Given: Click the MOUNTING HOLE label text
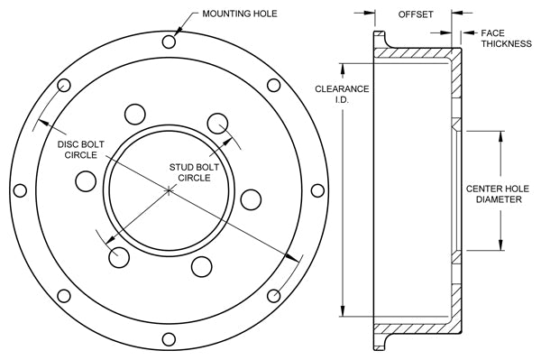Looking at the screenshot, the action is (x=240, y=14).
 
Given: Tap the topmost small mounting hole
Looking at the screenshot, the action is (x=169, y=42).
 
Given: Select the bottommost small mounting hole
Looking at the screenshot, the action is (x=169, y=339).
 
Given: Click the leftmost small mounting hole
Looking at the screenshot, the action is (x=20, y=190).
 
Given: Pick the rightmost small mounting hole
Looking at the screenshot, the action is (x=317, y=190).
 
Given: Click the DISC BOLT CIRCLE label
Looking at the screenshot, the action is (x=81, y=150).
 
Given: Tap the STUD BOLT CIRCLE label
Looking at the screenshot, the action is (x=194, y=172).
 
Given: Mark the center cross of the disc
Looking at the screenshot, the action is (x=169, y=190).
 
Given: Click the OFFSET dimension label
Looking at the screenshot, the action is (x=416, y=14).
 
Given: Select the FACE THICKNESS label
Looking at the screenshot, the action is (x=506, y=38).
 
